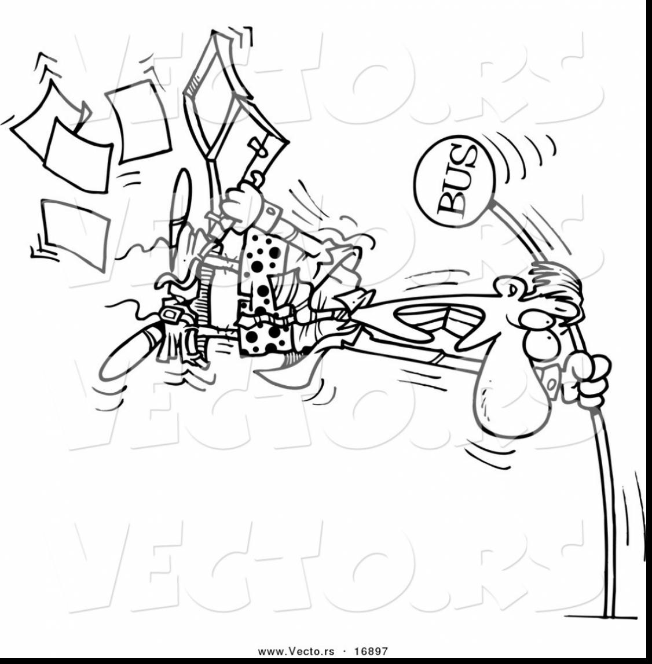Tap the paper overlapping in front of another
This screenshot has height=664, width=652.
(78, 153)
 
